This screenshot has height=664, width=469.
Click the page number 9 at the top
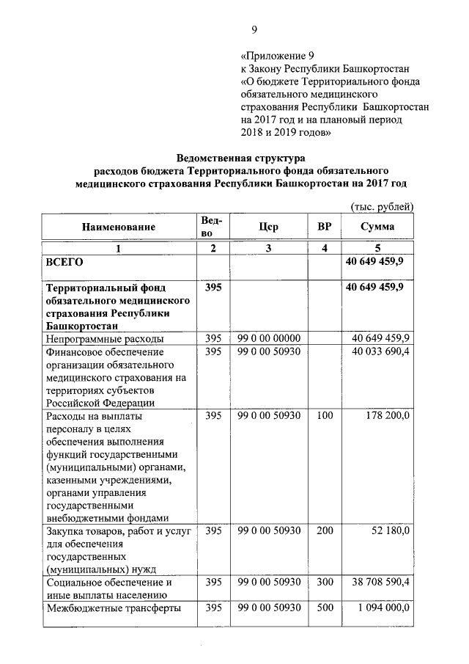point(254,29)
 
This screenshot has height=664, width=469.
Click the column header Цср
point(268,227)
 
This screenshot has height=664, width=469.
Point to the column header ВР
point(323,227)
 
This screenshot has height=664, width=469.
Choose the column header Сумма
point(377,227)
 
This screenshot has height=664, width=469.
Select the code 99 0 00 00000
point(269,338)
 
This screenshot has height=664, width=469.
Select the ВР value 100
point(324,415)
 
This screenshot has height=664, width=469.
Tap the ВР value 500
point(324,608)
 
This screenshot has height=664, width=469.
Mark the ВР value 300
point(324,582)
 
